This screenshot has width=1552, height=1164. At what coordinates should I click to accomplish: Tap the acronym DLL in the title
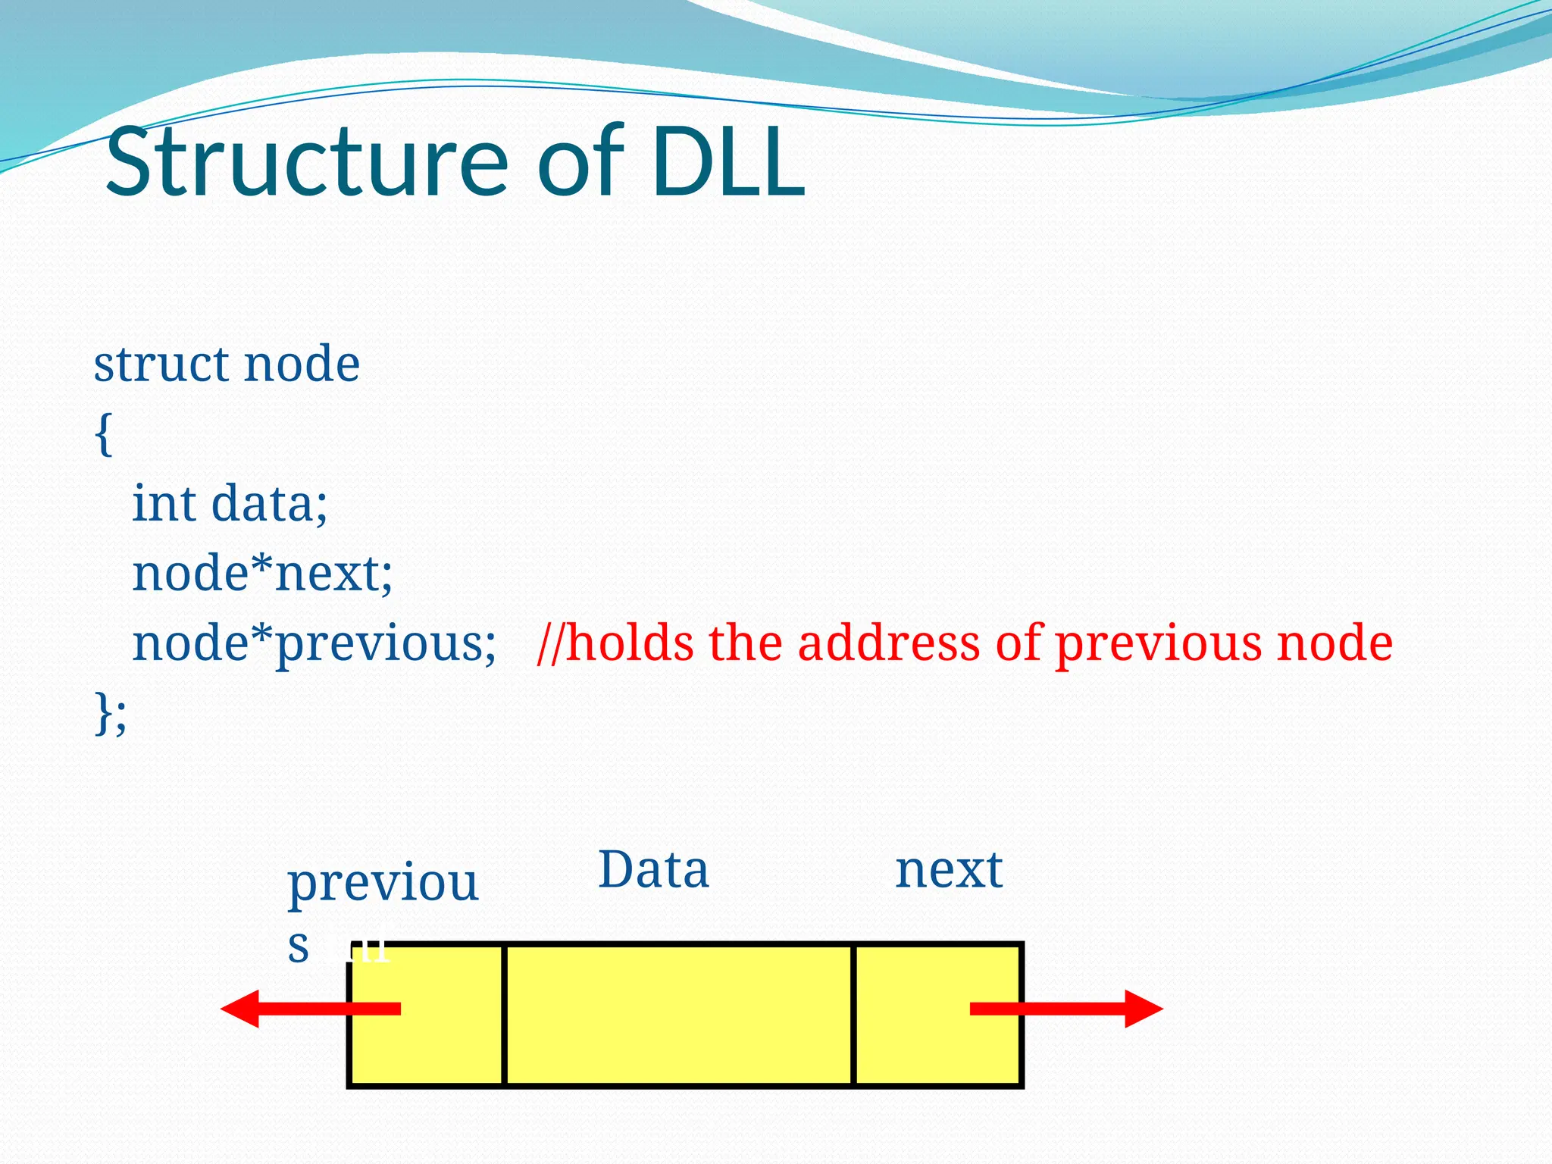(727, 163)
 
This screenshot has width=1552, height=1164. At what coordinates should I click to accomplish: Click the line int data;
(230, 504)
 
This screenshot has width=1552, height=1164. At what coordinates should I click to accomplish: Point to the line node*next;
(262, 574)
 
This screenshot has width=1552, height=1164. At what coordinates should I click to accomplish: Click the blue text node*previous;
(314, 644)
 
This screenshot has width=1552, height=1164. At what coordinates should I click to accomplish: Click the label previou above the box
(383, 885)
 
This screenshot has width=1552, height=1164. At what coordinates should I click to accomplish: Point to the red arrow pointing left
(303, 1009)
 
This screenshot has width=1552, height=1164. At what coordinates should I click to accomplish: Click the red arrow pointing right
(1076, 1009)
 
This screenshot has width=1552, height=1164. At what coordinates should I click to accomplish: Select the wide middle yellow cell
(678, 1015)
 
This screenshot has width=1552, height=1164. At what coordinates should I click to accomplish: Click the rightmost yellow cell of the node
(938, 1053)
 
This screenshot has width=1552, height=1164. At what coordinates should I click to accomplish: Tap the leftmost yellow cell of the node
(427, 1053)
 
